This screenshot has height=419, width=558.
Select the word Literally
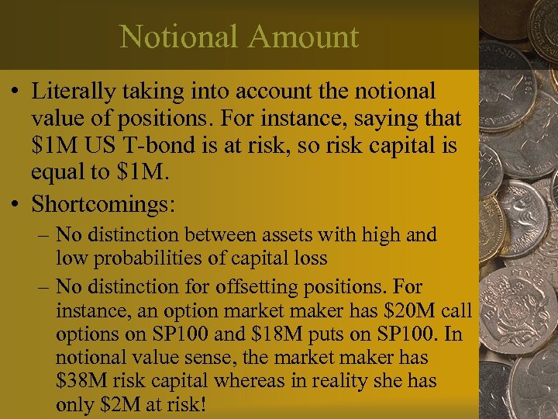[x=74, y=92]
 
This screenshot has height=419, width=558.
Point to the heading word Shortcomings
[x=104, y=204]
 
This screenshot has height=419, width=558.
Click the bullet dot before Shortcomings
[x=16, y=204]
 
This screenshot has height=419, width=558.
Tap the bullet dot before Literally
[x=16, y=92]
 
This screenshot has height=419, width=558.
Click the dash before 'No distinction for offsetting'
[x=43, y=287]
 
